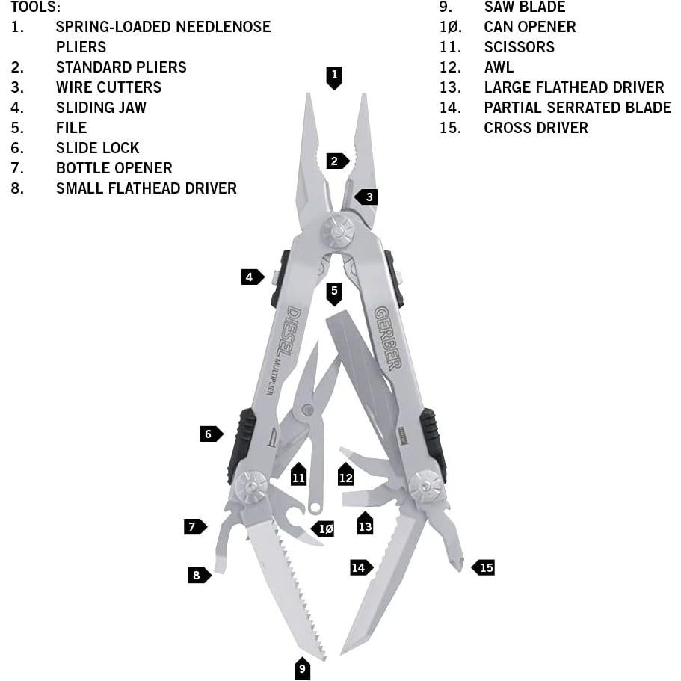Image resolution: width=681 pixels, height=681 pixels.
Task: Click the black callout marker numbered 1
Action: coord(334,78)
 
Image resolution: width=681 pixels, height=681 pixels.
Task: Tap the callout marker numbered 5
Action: coord(334,294)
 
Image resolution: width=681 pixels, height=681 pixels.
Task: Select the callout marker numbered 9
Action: coord(302,669)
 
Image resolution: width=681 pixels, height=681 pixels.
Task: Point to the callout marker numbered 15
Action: coord(483,567)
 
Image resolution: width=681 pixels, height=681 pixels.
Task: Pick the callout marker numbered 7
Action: coord(195,527)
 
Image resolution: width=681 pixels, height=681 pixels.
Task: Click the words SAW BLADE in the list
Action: coord(525,7)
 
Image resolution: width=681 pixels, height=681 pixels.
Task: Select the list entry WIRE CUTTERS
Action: coord(108,87)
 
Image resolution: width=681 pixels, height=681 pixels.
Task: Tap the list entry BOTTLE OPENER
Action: coord(114,168)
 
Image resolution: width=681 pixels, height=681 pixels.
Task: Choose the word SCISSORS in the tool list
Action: coord(520,47)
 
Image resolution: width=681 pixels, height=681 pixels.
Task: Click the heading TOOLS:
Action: coord(36,7)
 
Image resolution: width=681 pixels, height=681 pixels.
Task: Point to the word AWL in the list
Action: coord(499,67)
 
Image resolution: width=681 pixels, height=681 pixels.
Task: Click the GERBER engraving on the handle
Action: coord(387,339)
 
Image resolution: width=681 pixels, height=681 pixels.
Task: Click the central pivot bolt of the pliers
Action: coord(337,232)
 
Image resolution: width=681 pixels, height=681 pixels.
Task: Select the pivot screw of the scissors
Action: coord(307,410)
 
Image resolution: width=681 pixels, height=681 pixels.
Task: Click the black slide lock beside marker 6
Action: coord(242,446)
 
